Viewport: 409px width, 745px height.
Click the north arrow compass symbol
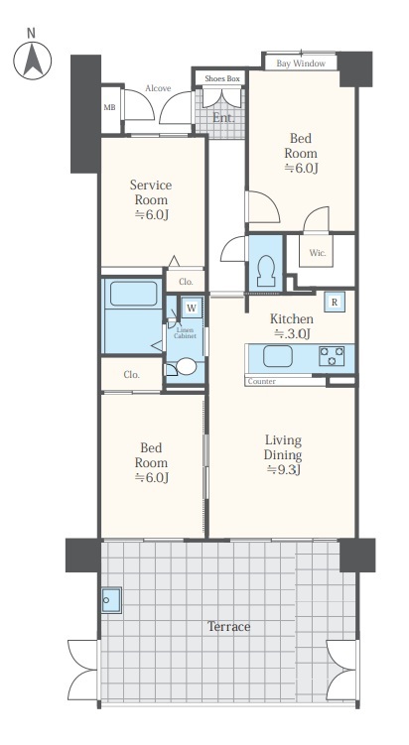pyautogui.click(x=33, y=61)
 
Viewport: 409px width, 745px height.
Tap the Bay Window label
pyautogui.click(x=301, y=63)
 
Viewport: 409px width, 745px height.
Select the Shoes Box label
pyautogui.click(x=222, y=79)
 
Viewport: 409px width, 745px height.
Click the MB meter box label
pyautogui.click(x=109, y=108)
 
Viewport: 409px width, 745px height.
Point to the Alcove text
pyautogui.click(x=158, y=88)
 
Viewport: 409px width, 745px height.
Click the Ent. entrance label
pyautogui.click(x=223, y=118)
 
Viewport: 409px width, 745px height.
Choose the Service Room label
pyautogui.click(x=151, y=191)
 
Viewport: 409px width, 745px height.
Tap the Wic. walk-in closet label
pyautogui.click(x=318, y=253)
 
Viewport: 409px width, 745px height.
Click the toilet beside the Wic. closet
pyautogui.click(x=266, y=271)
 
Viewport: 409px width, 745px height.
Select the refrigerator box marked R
pyautogui.click(x=335, y=303)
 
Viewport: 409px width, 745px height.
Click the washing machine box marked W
pyautogui.click(x=192, y=308)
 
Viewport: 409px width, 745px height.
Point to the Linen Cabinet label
pyautogui.click(x=185, y=333)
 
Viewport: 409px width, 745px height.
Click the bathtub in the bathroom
pyautogui.click(x=134, y=294)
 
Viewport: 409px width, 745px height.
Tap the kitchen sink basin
pyautogui.click(x=278, y=356)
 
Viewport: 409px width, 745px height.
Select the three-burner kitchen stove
pyautogui.click(x=332, y=356)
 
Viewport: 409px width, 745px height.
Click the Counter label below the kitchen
pyautogui.click(x=261, y=382)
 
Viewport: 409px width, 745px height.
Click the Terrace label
pyautogui.click(x=228, y=627)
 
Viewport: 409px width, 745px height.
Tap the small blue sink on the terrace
pyautogui.click(x=111, y=600)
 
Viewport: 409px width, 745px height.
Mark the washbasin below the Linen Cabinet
pyautogui.click(x=186, y=366)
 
